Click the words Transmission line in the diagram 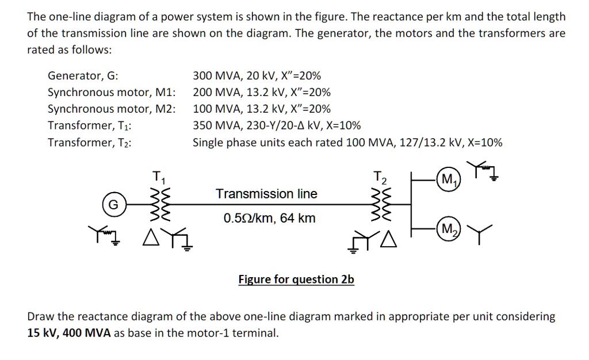coord(266,194)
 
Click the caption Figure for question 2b coord(296,279)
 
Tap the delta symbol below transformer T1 coord(152,236)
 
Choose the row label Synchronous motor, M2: coord(112,109)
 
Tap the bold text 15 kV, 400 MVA coord(70,333)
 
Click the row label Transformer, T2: coord(89,143)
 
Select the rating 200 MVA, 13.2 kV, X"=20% coord(262,93)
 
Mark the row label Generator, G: coord(83,76)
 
